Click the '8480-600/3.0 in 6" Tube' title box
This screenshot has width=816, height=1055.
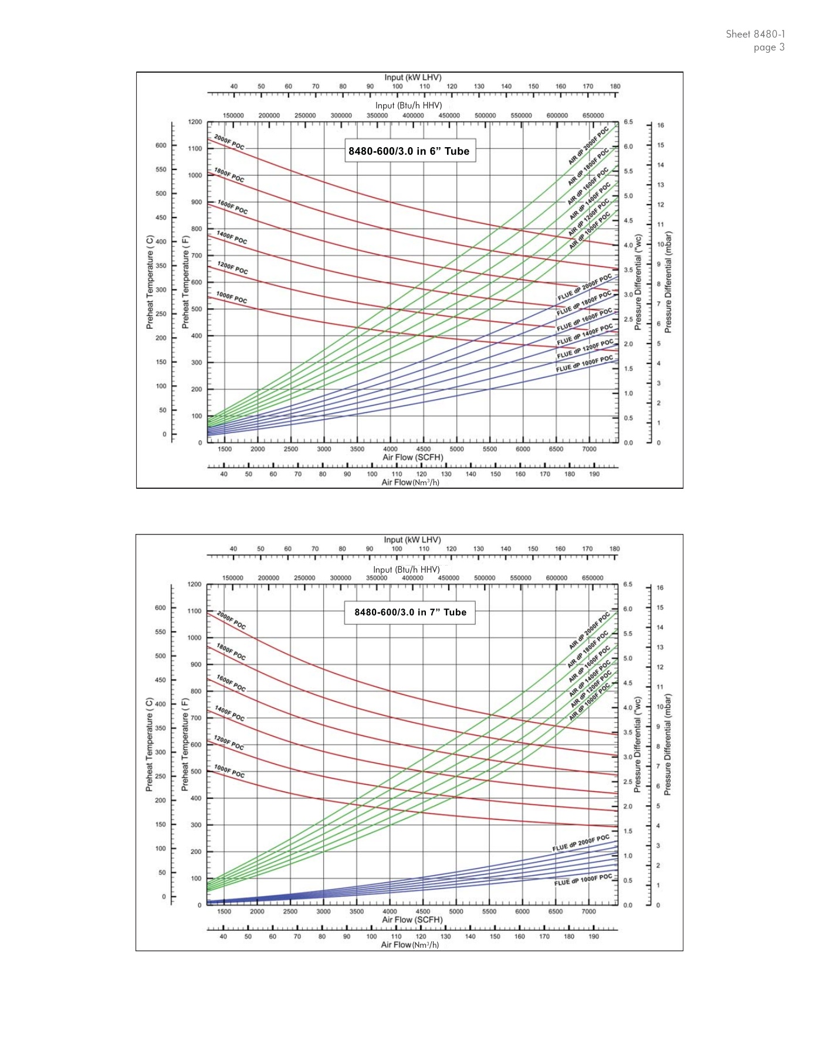click(409, 151)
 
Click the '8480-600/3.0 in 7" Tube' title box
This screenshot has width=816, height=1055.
click(410, 612)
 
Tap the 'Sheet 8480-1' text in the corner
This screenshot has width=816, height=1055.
click(755, 35)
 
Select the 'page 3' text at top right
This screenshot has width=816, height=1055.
click(768, 47)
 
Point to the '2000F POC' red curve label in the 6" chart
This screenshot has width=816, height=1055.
click(229, 142)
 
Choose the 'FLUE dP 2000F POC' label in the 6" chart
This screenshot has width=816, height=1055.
click(585, 287)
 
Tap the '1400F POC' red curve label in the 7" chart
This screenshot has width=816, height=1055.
click(230, 713)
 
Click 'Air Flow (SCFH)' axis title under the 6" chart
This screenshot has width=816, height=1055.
click(413, 458)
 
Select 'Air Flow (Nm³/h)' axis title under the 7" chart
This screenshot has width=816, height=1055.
click(410, 945)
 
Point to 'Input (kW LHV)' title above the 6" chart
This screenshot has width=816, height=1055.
click(413, 77)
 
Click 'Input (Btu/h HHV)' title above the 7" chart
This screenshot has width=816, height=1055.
click(407, 570)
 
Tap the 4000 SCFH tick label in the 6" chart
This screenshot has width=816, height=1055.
click(390, 450)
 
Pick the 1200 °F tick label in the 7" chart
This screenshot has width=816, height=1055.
click(195, 584)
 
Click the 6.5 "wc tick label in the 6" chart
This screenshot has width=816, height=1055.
click(628, 122)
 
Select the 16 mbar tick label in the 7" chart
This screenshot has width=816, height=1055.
click(661, 588)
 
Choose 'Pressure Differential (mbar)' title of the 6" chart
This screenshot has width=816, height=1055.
click(668, 282)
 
